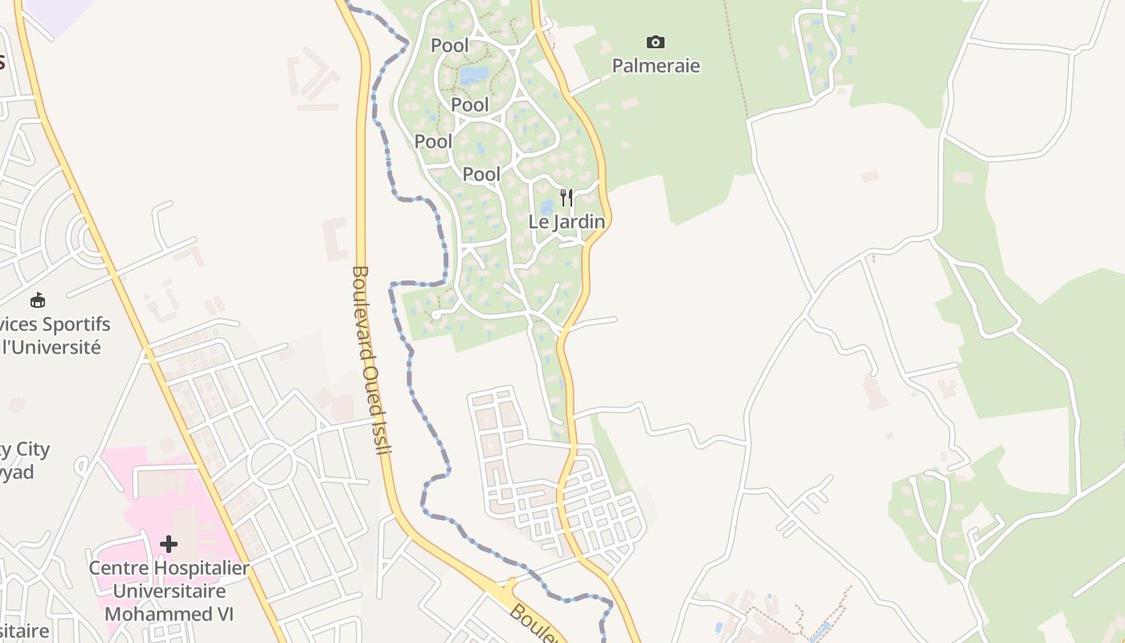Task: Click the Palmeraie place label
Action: [x=656, y=66]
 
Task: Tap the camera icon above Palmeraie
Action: [x=656, y=42]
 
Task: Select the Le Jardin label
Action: [x=567, y=221]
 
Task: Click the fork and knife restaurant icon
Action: [x=567, y=198]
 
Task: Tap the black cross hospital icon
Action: [x=168, y=544]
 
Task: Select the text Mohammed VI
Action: [x=169, y=614]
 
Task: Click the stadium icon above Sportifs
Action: [x=37, y=301]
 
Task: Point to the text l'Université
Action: [x=53, y=347]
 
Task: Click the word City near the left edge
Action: [x=32, y=450]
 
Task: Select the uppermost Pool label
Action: [x=450, y=45]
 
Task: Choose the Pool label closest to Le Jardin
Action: [x=481, y=174]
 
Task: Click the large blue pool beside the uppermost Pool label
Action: [x=474, y=76]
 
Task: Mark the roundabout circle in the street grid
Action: [x=272, y=464]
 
